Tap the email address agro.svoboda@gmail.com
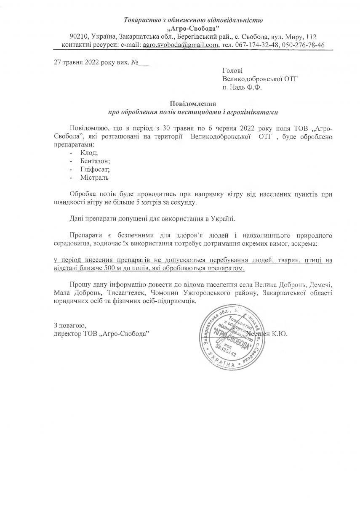click(x=181, y=45)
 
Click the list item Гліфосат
click(x=95, y=169)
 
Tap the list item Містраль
click(x=94, y=178)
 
